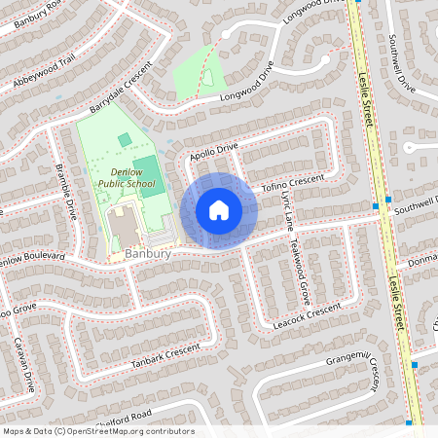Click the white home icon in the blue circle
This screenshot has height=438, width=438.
[x=218, y=210]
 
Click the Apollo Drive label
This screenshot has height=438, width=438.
[x=214, y=148]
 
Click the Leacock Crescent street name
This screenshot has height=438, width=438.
[x=307, y=312]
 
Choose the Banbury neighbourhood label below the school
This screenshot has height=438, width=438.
[x=148, y=255]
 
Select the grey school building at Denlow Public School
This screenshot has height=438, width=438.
[x=124, y=227]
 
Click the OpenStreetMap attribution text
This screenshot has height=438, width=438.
[x=97, y=431]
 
